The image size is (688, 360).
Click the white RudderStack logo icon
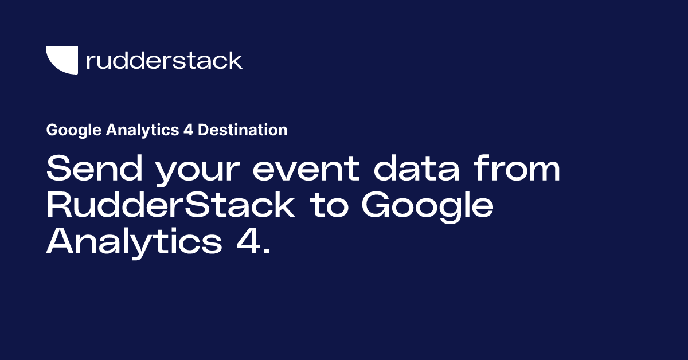(x=62, y=60)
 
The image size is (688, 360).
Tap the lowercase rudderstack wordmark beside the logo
(x=164, y=60)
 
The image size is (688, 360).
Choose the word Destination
(x=243, y=131)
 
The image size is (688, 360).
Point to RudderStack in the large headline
(x=170, y=206)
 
